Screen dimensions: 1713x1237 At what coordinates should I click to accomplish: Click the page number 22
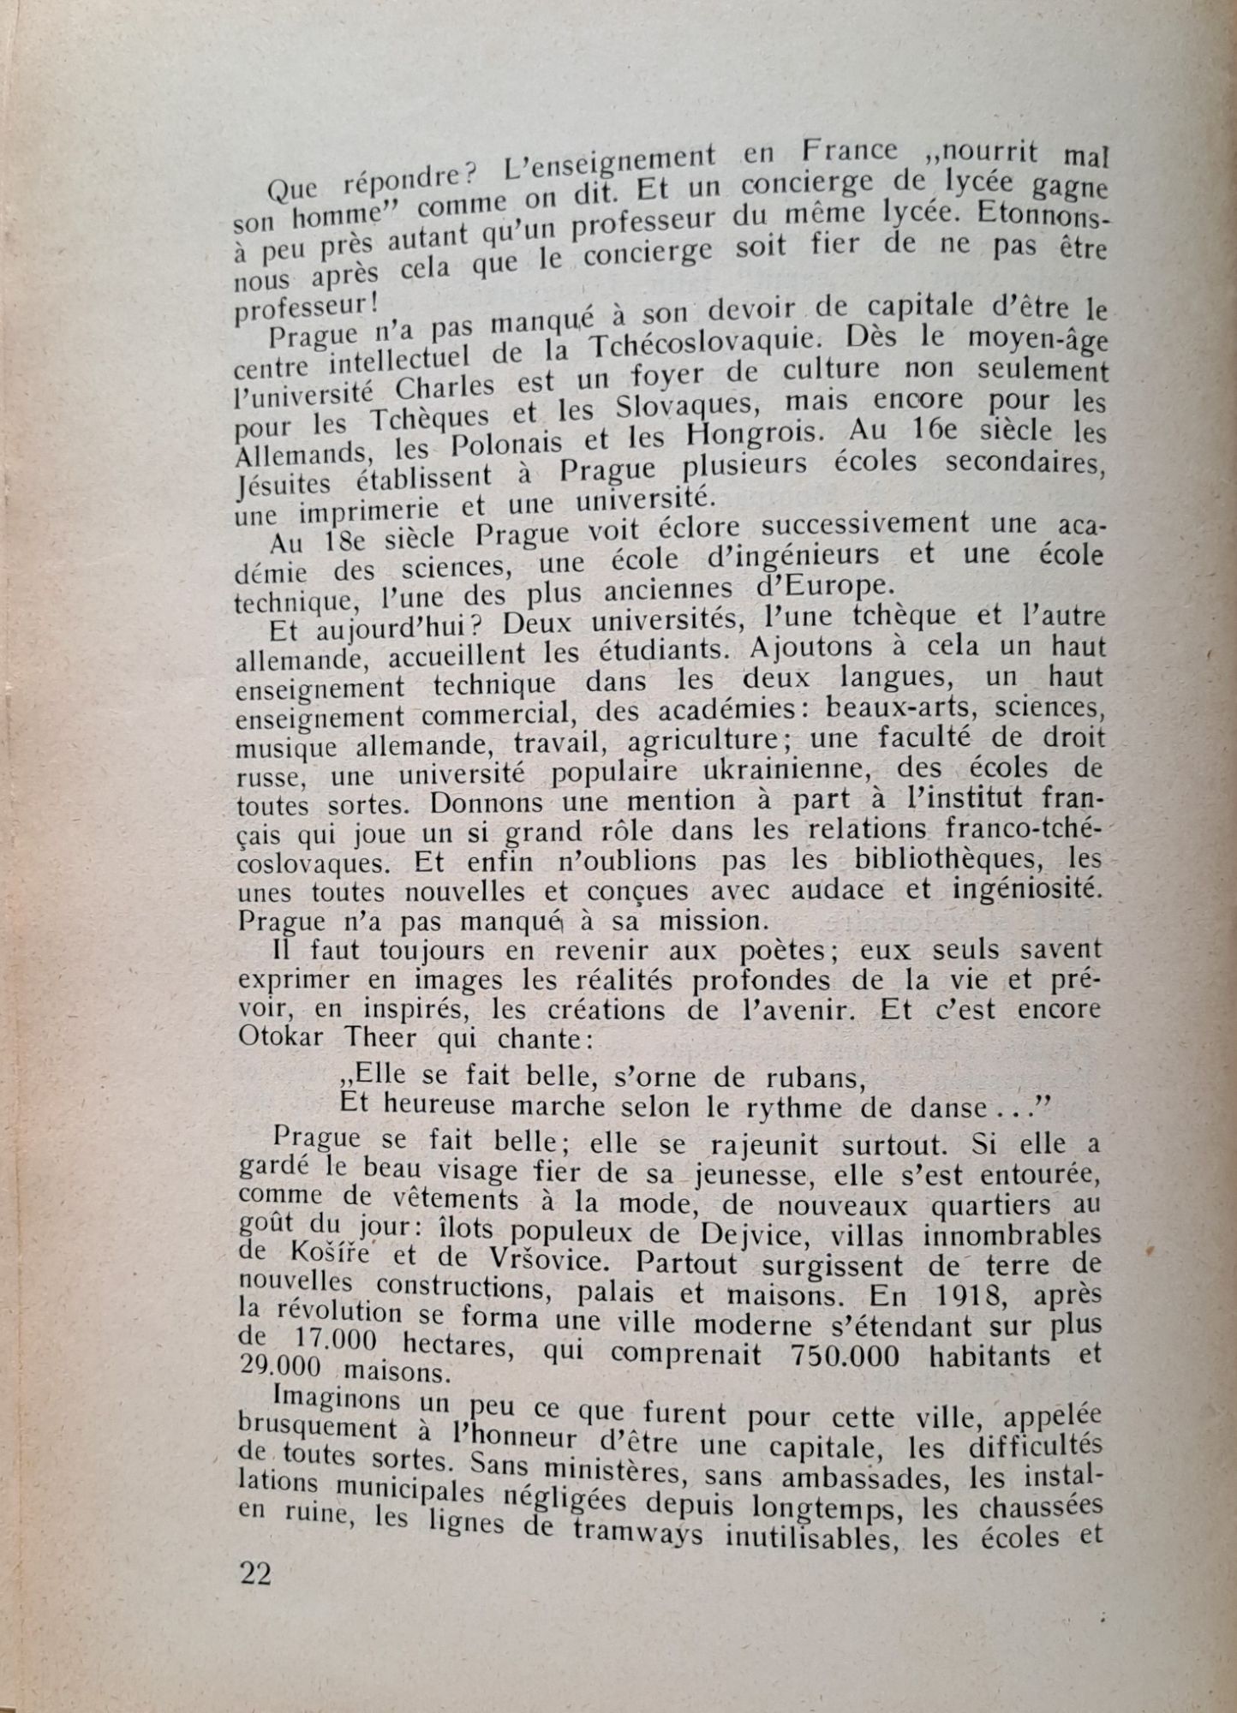(255, 1573)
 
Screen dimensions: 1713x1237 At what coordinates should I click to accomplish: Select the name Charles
(445, 389)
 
